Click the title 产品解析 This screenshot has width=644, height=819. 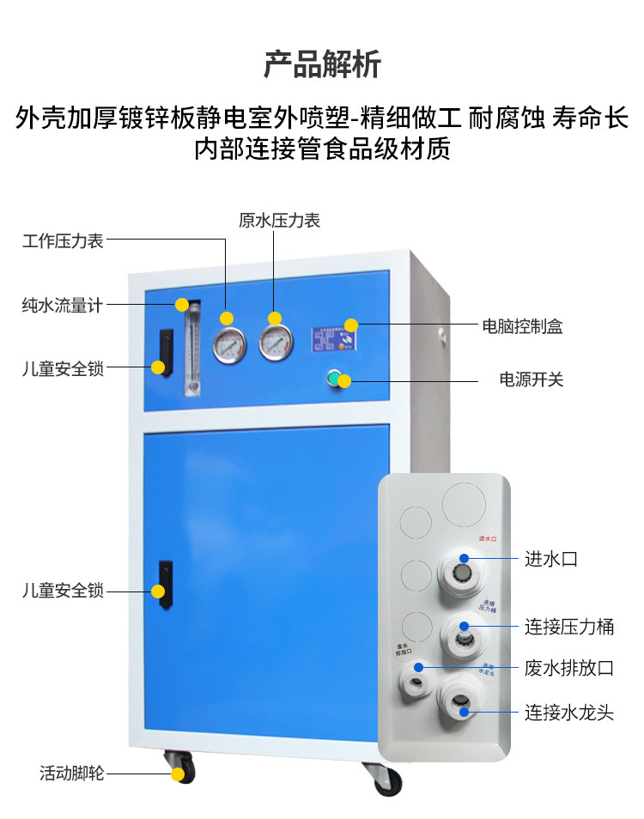[x=322, y=64]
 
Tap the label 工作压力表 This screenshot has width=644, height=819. [x=63, y=241]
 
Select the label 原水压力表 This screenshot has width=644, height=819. [x=279, y=221]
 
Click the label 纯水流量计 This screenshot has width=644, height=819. [x=63, y=305]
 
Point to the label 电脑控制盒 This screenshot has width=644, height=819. [x=521, y=326]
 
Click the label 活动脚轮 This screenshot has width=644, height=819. [x=72, y=773]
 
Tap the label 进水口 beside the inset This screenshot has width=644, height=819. [x=550, y=559]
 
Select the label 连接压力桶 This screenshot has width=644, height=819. [x=569, y=626]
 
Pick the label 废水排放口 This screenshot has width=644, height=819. [x=569, y=668]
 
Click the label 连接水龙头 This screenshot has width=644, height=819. [x=569, y=712]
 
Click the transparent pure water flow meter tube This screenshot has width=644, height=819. [x=191, y=347]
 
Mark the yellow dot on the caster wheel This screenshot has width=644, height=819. [x=178, y=773]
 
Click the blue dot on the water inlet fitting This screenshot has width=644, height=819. [x=464, y=558]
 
